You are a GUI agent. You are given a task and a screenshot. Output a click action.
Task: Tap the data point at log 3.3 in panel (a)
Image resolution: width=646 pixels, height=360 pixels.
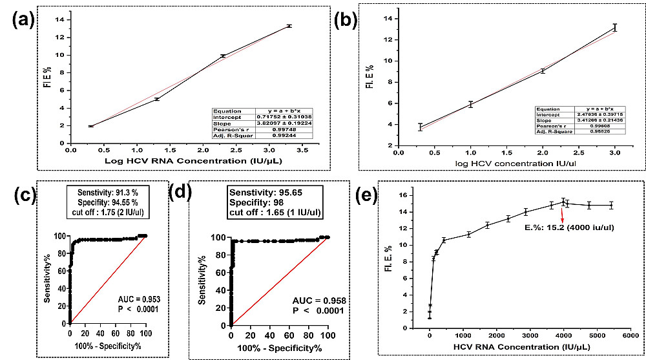pos(289,26)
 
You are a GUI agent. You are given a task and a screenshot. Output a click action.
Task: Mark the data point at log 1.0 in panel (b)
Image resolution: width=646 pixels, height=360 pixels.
pos(471,104)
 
